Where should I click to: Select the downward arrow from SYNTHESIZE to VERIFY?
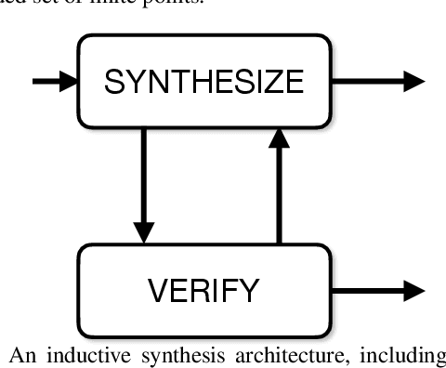coord(142,186)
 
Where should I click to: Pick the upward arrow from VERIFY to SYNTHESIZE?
coord(275,186)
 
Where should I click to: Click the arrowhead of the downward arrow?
coord(142,232)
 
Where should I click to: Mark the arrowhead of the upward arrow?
coord(275,139)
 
